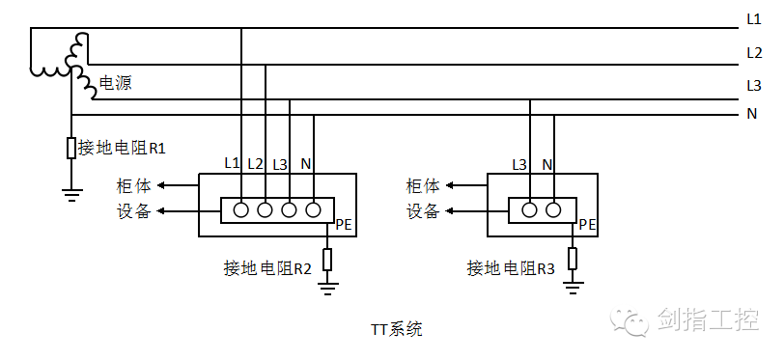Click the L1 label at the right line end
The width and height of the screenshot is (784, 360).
754,18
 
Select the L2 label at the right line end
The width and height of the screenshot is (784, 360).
754,52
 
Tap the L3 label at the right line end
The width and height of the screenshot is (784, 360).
754,85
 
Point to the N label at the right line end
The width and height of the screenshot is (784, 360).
751,115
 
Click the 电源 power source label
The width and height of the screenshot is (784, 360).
115,84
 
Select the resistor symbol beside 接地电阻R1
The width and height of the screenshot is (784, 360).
71,148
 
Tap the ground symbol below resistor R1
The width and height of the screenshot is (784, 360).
71,192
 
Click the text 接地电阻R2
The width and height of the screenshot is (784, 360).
266,267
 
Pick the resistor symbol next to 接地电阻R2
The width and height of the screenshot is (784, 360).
328,259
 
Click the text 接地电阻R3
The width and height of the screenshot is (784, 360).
511,267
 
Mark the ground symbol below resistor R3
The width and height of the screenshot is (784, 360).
574,285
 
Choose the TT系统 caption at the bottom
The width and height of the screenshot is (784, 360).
396,329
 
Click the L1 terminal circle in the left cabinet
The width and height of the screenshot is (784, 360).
240,209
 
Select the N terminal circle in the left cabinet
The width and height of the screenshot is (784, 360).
313,209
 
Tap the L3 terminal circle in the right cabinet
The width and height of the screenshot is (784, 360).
529,209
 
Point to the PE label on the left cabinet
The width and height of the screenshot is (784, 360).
345,226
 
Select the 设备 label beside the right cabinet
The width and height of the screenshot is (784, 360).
423,211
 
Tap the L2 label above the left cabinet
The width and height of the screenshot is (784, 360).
256,163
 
